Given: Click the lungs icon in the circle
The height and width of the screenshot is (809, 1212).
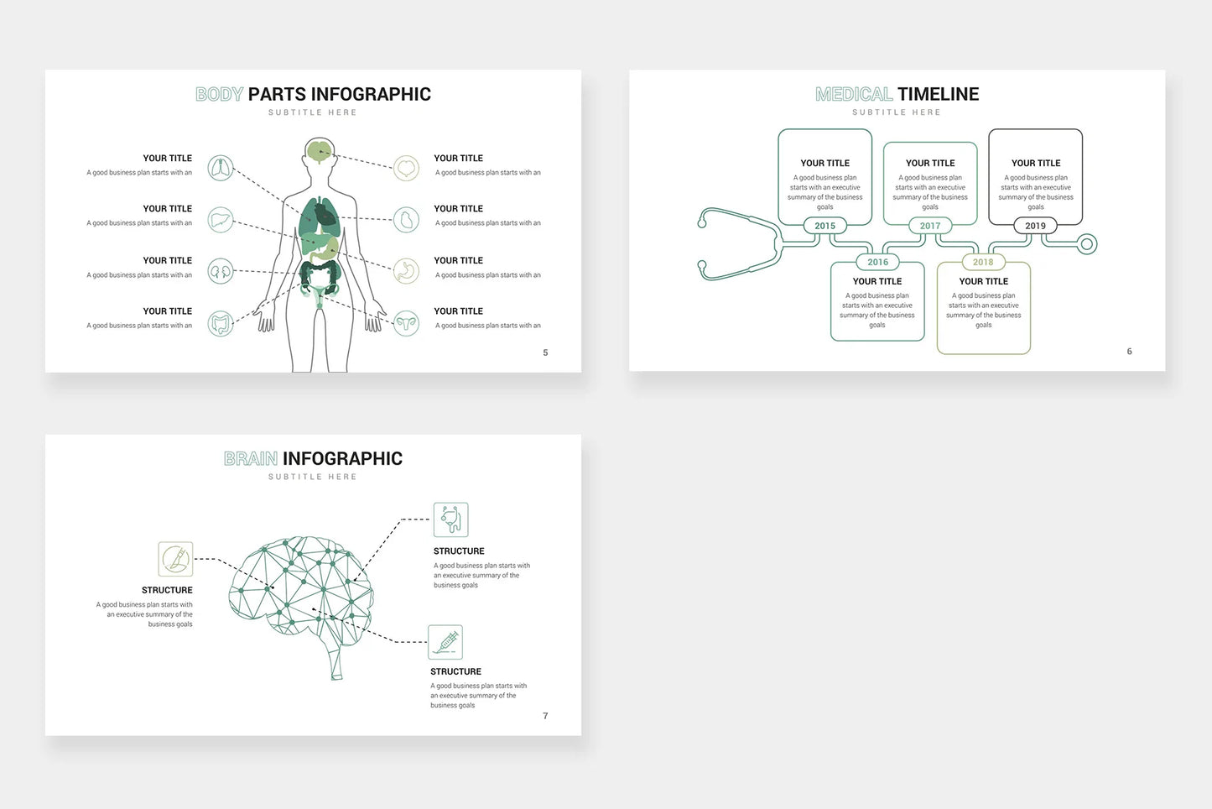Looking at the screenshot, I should click(221, 168).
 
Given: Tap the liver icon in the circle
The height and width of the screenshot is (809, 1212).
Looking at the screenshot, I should click(221, 220).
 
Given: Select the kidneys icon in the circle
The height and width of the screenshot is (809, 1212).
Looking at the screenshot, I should click(221, 271).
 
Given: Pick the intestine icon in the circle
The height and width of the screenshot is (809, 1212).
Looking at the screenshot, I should click(221, 323).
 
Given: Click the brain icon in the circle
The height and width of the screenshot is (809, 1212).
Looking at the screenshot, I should click(407, 168).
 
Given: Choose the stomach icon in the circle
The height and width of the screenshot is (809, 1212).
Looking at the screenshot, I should click(407, 271).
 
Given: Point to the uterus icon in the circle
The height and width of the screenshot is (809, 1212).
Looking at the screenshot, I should click(407, 323).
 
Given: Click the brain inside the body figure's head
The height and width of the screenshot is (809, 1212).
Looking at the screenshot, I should click(320, 151).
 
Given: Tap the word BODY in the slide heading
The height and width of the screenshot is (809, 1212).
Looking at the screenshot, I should click(219, 94).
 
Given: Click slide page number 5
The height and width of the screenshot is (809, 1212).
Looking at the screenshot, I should click(545, 352).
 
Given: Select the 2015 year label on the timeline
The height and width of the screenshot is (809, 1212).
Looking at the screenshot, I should click(825, 226).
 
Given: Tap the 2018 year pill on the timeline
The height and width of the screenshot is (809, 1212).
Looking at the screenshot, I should click(983, 262).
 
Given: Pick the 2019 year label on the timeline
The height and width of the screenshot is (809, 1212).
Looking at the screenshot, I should click(1036, 226).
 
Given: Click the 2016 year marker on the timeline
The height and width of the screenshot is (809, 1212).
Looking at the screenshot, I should click(877, 262).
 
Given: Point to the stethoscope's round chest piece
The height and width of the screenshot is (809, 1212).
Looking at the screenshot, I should click(1087, 244).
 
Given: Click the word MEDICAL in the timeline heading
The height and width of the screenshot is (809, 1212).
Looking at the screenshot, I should click(854, 94).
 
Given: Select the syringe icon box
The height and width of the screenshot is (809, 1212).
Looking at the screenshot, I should click(445, 642).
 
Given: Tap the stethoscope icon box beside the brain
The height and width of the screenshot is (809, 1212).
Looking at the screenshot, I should click(451, 519).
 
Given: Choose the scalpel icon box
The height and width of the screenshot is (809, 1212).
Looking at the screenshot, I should click(175, 559).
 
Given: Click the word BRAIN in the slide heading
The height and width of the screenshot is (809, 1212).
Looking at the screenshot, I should click(251, 458).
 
